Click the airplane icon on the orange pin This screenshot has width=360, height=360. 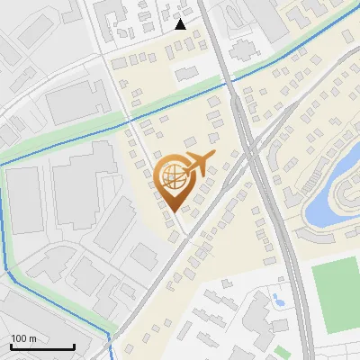[198, 164]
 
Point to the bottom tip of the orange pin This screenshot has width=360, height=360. [175, 212]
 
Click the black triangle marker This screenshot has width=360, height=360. [181, 24]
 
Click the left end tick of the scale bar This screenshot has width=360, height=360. [11, 346]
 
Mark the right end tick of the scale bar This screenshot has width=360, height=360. [74, 346]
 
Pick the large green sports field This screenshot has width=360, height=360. [338, 293]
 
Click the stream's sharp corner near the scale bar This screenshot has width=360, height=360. [110, 334]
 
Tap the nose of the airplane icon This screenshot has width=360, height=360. [215, 156]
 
